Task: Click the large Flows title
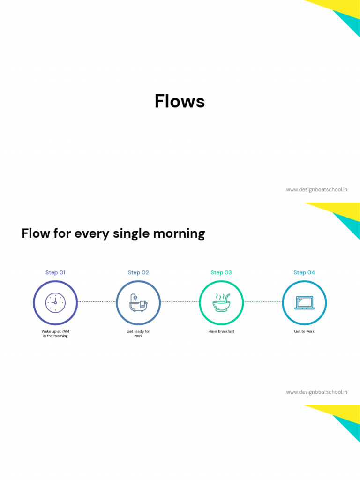[x=180, y=101]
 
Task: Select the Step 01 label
[x=55, y=272]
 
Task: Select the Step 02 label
[x=138, y=272]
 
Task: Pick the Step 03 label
[x=221, y=272]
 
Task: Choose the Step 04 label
[x=304, y=272]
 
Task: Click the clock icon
[x=55, y=303]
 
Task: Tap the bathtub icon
[x=138, y=303]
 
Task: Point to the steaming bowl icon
[x=221, y=303]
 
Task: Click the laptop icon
[x=304, y=303]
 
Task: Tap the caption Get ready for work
[x=138, y=333]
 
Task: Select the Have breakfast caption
[x=221, y=331]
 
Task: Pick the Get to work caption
[x=304, y=331]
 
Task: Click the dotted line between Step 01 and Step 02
[x=97, y=301]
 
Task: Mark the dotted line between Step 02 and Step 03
[x=180, y=301]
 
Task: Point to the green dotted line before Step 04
[x=263, y=301]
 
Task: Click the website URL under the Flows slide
[x=316, y=190]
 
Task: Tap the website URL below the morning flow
[x=316, y=392]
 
